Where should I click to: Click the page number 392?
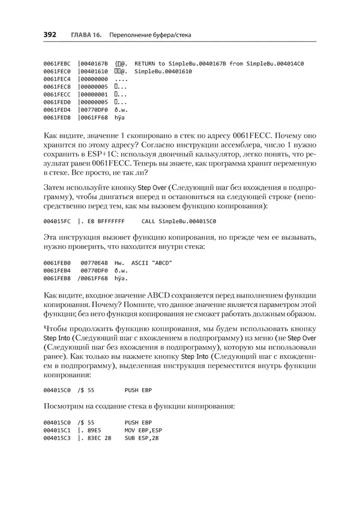[x=50, y=35]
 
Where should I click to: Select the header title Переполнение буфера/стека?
[x=149, y=35]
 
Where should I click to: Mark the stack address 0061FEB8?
[x=57, y=278]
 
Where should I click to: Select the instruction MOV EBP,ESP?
[x=143, y=431]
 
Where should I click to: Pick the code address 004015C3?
[x=57, y=438]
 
